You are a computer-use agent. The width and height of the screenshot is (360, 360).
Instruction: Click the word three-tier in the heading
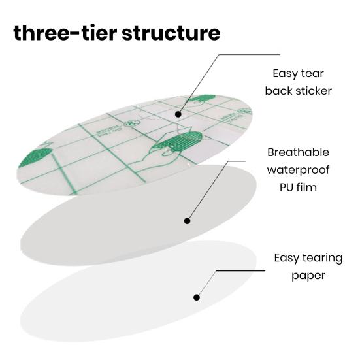(x=65, y=33)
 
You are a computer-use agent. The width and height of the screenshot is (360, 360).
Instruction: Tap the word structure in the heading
(x=171, y=33)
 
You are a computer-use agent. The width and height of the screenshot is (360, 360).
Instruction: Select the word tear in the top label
(x=312, y=73)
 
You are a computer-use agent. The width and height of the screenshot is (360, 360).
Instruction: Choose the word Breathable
(x=298, y=152)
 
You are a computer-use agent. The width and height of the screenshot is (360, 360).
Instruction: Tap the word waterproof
(x=298, y=171)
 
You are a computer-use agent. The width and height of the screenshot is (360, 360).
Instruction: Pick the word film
(x=306, y=187)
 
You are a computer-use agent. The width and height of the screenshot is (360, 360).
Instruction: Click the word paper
(x=308, y=276)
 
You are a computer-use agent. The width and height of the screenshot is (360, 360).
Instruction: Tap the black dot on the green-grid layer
(x=178, y=114)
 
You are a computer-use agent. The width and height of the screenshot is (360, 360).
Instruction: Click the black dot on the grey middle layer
(x=187, y=221)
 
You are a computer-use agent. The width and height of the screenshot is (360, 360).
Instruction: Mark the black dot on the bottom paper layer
(x=196, y=297)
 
